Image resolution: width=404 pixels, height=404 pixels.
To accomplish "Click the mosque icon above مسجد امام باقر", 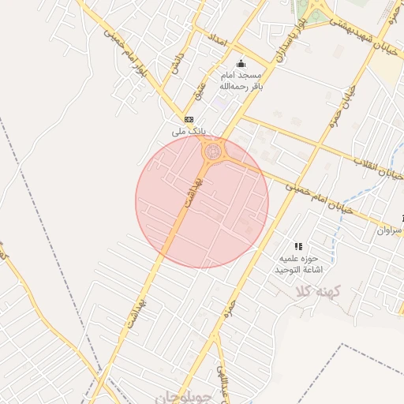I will pyautogui.click(x=241, y=65).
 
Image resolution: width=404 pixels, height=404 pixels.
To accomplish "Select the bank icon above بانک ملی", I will pyautogui.click(x=188, y=118).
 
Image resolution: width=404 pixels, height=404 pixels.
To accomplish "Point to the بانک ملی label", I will pyautogui.click(x=188, y=131).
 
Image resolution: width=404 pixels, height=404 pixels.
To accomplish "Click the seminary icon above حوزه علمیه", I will pyautogui.click(x=298, y=246).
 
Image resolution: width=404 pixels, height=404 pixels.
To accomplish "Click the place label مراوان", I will pyautogui.click(x=388, y=231).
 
